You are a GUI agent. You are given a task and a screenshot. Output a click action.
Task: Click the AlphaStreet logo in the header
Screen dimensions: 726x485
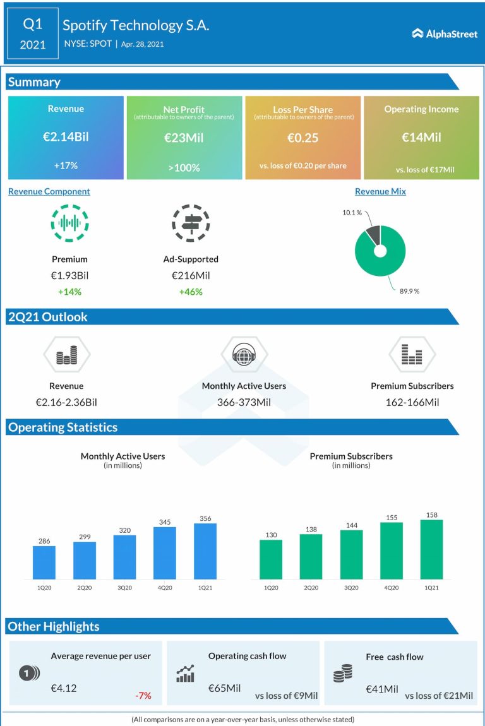[x=445, y=33]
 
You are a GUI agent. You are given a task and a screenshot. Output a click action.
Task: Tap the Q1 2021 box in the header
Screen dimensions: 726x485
[x=33, y=33]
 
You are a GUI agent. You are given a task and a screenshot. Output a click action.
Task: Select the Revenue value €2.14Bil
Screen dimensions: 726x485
[x=66, y=137]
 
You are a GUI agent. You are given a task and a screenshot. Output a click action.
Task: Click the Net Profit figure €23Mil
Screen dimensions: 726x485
[x=184, y=137]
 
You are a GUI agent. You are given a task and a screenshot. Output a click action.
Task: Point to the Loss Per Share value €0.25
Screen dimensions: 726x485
[x=302, y=137]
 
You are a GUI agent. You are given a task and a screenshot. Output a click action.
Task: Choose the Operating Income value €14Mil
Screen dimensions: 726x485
[x=421, y=137]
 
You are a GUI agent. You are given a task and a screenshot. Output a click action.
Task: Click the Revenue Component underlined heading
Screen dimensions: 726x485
[x=49, y=191]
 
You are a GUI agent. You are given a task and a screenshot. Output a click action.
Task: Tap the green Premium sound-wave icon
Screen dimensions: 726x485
[x=69, y=223]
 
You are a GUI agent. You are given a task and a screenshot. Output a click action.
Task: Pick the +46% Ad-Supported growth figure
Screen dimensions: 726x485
[x=190, y=292]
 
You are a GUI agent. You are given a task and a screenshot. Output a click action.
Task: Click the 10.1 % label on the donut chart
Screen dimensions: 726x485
[x=352, y=213]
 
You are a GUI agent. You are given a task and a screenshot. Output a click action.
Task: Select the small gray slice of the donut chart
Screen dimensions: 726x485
[x=373, y=235]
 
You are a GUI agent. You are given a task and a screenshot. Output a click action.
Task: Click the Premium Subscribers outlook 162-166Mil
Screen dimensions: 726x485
[x=412, y=402]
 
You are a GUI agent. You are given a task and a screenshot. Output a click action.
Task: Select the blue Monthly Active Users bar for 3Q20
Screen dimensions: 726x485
[x=125, y=557]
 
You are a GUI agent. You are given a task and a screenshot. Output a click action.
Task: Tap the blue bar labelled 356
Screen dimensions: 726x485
[x=205, y=551]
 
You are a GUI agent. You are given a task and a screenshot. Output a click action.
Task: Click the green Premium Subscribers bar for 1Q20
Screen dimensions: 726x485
[x=271, y=559]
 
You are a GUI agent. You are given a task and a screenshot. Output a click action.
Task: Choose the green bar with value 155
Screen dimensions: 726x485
[x=392, y=550]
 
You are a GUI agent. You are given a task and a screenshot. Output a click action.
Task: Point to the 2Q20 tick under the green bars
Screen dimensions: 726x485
[x=311, y=588]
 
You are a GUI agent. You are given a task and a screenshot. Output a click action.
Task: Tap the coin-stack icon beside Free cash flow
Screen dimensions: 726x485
[x=342, y=674]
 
